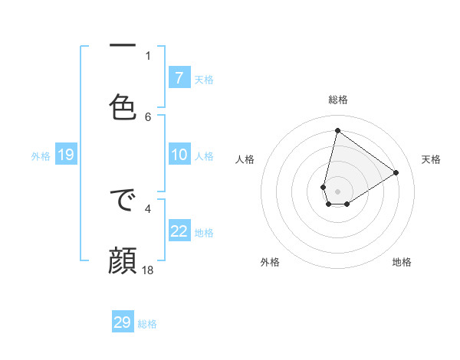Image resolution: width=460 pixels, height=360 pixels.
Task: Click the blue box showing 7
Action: pyautogui.click(x=179, y=77)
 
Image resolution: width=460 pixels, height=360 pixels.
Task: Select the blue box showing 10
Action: pyautogui.click(x=179, y=155)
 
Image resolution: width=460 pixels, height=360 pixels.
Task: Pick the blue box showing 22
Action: pyautogui.click(x=179, y=231)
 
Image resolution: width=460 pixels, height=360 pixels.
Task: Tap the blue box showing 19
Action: pyautogui.click(x=65, y=155)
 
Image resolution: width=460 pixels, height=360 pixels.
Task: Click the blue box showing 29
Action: pyautogui.click(x=123, y=322)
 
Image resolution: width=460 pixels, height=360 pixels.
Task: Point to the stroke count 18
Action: pyautogui.click(x=148, y=270)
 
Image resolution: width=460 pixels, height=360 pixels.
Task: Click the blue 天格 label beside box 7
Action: pyautogui.click(x=204, y=79)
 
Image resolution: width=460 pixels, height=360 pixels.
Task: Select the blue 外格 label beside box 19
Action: pyautogui.click(x=41, y=155)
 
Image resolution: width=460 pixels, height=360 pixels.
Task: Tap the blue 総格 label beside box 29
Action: pyautogui.click(x=147, y=324)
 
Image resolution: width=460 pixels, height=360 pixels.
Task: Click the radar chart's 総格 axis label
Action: pyautogui.click(x=337, y=100)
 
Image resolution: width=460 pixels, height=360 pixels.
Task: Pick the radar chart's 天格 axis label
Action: pyautogui.click(x=431, y=159)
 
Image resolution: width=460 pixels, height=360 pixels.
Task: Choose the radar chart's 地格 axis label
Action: pyautogui.click(x=402, y=262)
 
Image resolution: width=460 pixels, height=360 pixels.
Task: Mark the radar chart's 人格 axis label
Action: pyautogui.click(x=245, y=159)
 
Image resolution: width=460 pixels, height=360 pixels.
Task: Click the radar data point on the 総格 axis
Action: pyautogui.click(x=337, y=131)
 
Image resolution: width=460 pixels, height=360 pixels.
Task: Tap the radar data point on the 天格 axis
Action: pyautogui.click(x=396, y=173)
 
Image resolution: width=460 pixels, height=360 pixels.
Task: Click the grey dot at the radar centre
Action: pyautogui.click(x=337, y=191)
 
